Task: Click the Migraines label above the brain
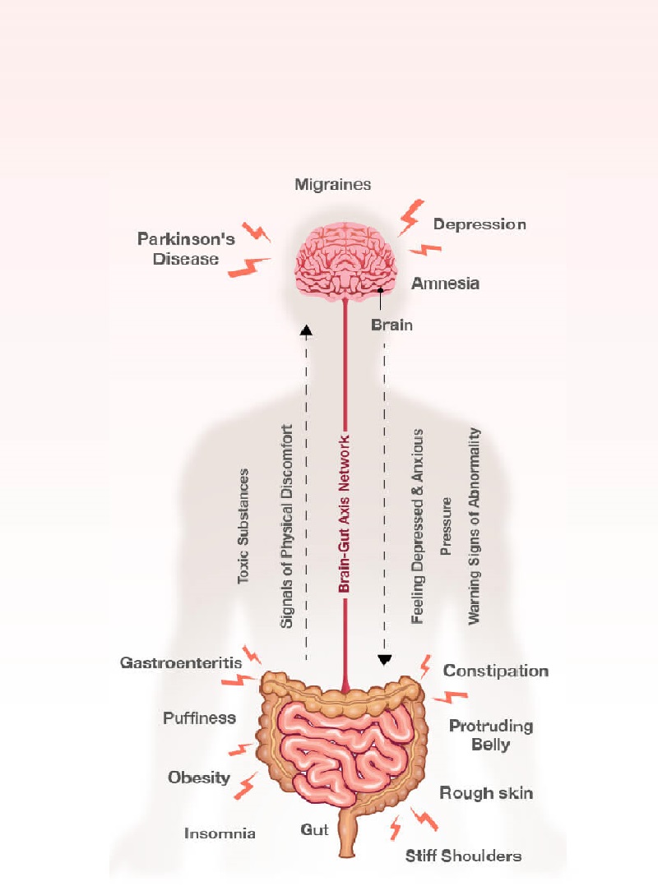click(333, 185)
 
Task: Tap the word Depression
click(480, 224)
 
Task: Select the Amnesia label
click(445, 284)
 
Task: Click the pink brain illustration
click(348, 261)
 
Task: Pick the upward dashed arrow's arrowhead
click(307, 330)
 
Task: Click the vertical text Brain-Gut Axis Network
click(345, 514)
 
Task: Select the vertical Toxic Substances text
click(243, 527)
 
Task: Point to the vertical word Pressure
click(447, 527)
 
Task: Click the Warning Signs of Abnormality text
click(474, 526)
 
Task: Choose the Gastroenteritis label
click(181, 662)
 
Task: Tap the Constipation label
click(496, 671)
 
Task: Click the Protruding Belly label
click(491, 736)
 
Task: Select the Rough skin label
click(486, 793)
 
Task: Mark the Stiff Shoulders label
click(464, 856)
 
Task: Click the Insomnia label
click(220, 833)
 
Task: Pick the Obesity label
click(199, 778)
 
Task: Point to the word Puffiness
click(199, 718)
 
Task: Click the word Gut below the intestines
click(315, 830)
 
